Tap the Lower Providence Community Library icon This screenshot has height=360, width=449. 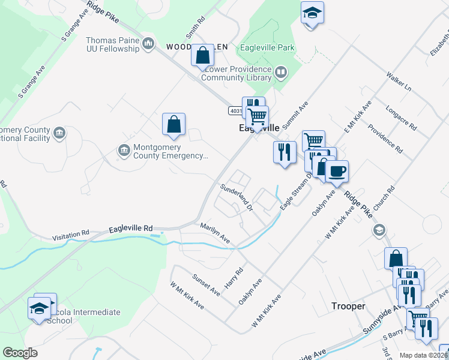coord(280,73)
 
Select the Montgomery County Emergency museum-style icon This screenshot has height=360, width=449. coord(124,149)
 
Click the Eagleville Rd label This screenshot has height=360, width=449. coord(131,229)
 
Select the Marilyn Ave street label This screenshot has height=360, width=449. coord(215,233)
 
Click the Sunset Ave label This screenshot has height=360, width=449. coord(206,284)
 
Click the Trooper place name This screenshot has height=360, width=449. coord(348,306)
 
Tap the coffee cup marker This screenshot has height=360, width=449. coord(337,171)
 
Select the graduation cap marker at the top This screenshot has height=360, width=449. coord(312,13)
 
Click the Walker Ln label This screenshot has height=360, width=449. coord(399,82)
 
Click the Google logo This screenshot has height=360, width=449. coord(20,353)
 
